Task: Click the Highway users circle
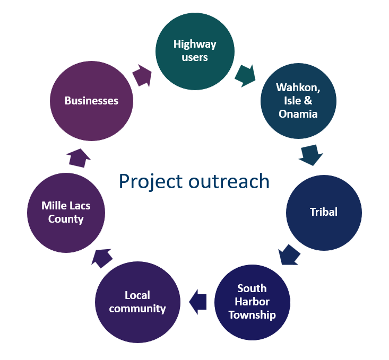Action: pyautogui.click(x=195, y=50)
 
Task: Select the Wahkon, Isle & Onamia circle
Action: pyautogui.click(x=298, y=101)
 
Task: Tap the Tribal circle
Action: pyautogui.click(x=324, y=212)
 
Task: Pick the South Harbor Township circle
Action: pyautogui.click(x=253, y=302)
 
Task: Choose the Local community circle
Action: pyautogui.click(x=137, y=302)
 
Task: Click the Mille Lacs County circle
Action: pyautogui.click(x=66, y=212)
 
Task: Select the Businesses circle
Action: pyautogui.click(x=91, y=101)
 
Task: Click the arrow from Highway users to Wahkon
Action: pyautogui.click(x=245, y=75)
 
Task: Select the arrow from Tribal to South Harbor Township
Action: pyautogui.click(x=289, y=256)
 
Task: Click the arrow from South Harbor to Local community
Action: pyautogui.click(x=198, y=302)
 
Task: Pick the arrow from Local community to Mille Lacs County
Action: pyautogui.click(x=102, y=258)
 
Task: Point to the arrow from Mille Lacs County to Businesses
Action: pyautogui.click(x=79, y=157)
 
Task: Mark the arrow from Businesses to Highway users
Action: pyautogui.click(x=142, y=75)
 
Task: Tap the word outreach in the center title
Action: pyautogui.click(x=229, y=181)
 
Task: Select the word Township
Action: pyautogui.click(x=253, y=314)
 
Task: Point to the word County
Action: pyautogui.click(x=66, y=218)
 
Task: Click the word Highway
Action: pyautogui.click(x=195, y=44)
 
